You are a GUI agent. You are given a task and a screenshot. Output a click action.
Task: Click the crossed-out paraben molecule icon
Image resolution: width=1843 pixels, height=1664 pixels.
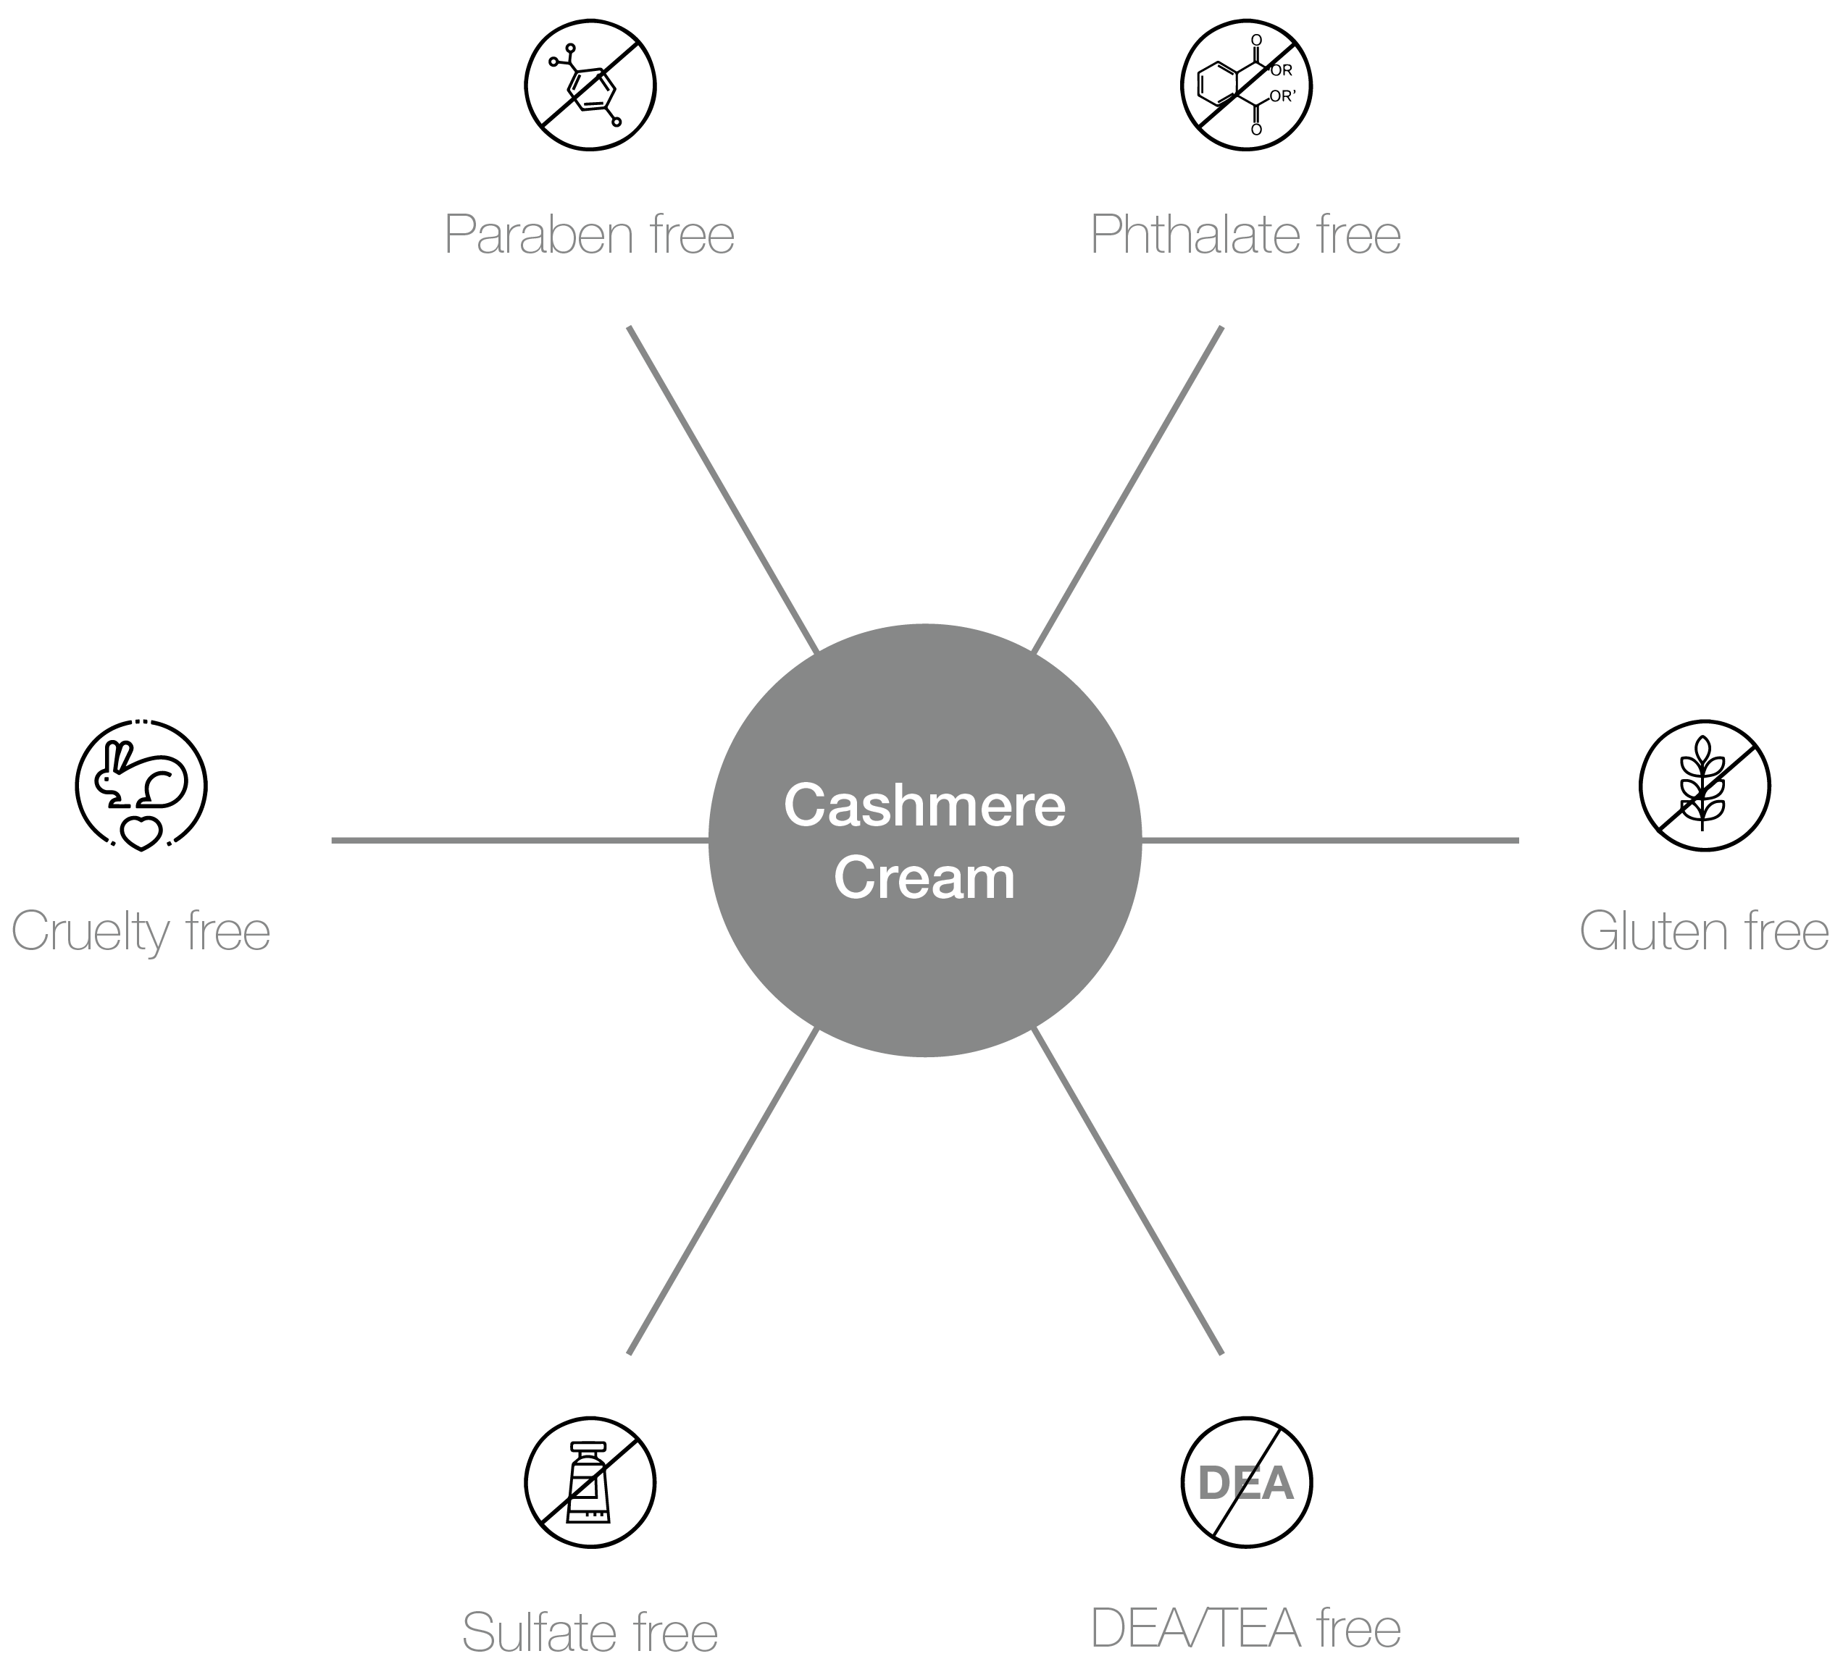590,86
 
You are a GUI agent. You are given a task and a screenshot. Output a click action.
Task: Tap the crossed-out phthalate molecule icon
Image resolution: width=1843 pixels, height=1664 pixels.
1245,86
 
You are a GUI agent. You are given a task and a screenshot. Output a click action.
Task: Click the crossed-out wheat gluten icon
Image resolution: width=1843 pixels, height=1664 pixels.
1704,785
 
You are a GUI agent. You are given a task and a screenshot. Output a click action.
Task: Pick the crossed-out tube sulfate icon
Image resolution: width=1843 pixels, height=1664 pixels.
590,1482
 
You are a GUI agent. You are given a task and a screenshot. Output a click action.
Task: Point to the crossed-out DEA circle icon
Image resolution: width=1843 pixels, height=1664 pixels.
1246,1482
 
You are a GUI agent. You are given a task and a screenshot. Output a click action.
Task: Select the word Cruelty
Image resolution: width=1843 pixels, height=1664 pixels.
91,933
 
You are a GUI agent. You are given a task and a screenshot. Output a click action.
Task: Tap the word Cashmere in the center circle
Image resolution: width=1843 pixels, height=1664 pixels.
924,806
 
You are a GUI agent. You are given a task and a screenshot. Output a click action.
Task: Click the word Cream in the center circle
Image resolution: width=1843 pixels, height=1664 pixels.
924,878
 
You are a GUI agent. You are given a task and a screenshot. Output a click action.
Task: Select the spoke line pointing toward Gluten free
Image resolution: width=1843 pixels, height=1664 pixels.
1330,840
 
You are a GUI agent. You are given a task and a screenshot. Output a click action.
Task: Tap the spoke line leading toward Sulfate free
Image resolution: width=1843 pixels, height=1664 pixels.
722,1190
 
